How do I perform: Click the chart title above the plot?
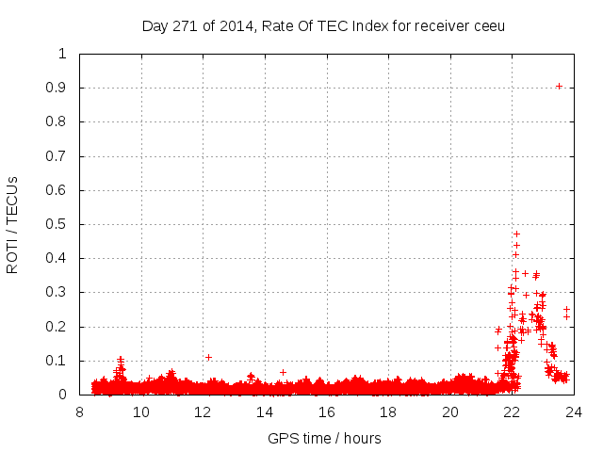[x=323, y=25]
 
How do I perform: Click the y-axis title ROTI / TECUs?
[x=12, y=224]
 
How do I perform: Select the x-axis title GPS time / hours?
[x=324, y=438]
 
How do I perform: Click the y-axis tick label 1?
[x=62, y=54]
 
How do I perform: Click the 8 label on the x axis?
[x=80, y=412]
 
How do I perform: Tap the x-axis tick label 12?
[x=204, y=412]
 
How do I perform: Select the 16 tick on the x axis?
[x=327, y=412]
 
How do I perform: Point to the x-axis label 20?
[x=450, y=412]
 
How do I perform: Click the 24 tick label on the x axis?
[x=574, y=412]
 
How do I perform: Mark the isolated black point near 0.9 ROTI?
[x=559, y=86]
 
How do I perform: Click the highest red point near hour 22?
[x=516, y=234]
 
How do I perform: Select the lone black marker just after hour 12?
[x=208, y=357]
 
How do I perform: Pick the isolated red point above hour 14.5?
[x=283, y=372]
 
